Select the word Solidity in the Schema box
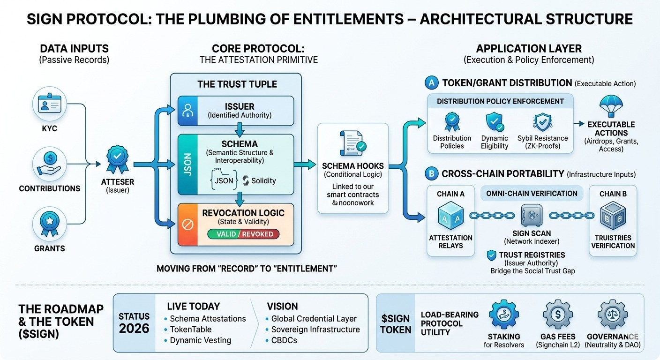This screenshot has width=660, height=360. click(263, 180)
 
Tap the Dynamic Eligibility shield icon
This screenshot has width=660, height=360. click(494, 121)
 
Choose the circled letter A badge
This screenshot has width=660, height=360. click(431, 83)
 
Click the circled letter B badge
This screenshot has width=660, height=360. click(431, 173)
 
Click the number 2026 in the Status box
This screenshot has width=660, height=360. click(134, 329)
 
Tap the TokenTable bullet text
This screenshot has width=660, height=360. click(190, 330)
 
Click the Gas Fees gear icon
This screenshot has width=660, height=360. click(557, 314)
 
